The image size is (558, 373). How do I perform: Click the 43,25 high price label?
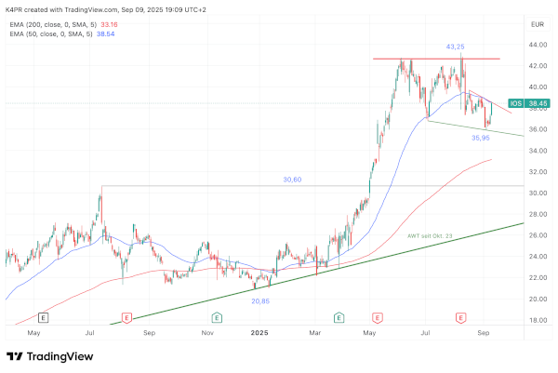click(456, 47)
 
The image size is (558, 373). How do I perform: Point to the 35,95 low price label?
click(480, 138)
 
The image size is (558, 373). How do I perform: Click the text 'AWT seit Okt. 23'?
click(430, 236)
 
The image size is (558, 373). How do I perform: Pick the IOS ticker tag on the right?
click(516, 104)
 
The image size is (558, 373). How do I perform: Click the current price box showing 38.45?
click(536, 104)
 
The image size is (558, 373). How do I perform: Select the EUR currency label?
click(537, 23)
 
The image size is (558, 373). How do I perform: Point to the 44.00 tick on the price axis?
click(536, 45)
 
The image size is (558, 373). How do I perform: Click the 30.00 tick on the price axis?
click(536, 193)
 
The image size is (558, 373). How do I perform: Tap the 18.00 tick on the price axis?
click(536, 320)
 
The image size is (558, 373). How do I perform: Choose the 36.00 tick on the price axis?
click(536, 129)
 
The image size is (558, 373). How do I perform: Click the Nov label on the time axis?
click(208, 332)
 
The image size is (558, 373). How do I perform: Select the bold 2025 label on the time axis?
click(259, 332)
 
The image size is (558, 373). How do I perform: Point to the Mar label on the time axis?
click(315, 332)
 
